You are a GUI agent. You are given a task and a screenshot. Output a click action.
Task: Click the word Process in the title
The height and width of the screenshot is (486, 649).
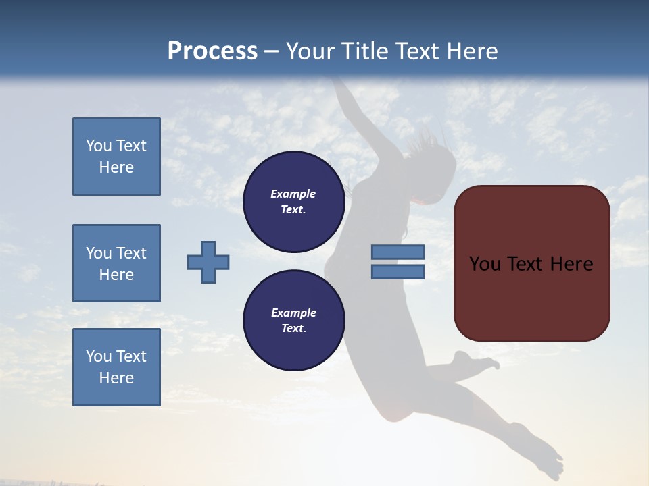(212, 51)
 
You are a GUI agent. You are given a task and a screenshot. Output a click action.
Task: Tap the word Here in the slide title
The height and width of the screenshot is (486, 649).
(471, 51)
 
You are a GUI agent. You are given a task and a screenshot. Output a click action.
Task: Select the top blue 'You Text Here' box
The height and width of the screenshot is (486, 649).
(116, 157)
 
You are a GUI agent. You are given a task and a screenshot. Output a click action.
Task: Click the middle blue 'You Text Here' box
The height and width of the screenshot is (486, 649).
(116, 263)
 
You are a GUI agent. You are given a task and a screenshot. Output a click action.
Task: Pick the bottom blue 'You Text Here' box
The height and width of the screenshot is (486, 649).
(116, 367)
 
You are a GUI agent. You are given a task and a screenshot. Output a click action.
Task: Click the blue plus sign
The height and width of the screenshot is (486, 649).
(208, 262)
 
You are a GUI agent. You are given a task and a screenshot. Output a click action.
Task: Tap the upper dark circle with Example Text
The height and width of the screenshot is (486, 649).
(293, 202)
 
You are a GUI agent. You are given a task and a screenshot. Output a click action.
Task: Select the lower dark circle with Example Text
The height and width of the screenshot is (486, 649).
(293, 321)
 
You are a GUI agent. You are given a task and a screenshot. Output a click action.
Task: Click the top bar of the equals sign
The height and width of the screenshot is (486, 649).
(398, 252)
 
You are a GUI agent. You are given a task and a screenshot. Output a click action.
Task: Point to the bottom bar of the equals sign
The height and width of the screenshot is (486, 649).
(398, 272)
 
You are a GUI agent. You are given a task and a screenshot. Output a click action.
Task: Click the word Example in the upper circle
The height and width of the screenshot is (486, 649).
(293, 194)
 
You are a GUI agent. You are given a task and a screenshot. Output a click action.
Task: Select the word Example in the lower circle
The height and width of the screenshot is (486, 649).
(293, 313)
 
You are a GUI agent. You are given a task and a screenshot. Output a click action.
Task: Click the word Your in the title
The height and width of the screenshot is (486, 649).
(310, 51)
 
